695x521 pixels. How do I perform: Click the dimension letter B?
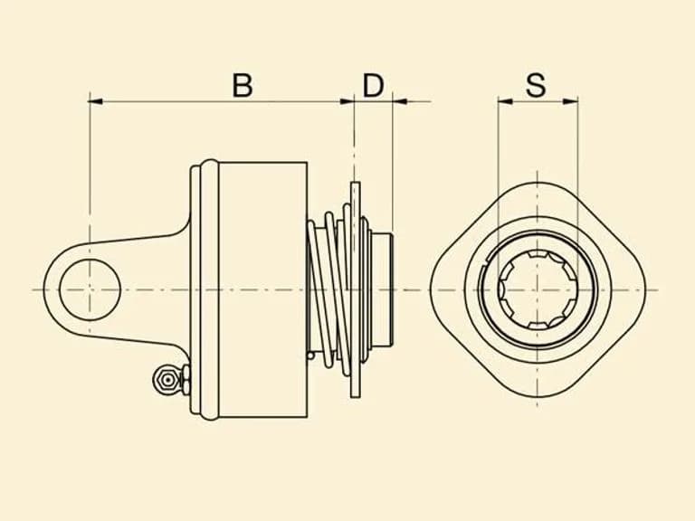coord(243,86)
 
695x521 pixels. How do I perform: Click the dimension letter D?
coord(373,86)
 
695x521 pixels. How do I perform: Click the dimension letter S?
coord(536,86)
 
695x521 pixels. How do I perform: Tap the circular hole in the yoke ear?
coord(90,289)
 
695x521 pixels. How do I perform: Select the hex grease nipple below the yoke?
coord(167,380)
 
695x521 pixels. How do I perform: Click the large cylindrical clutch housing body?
coord(263,289)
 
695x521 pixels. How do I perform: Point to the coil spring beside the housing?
coord(330,290)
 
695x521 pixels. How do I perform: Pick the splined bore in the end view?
coord(538,289)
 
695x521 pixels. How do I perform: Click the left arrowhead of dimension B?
coord(96,101)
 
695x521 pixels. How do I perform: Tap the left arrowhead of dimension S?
coord(505,101)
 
